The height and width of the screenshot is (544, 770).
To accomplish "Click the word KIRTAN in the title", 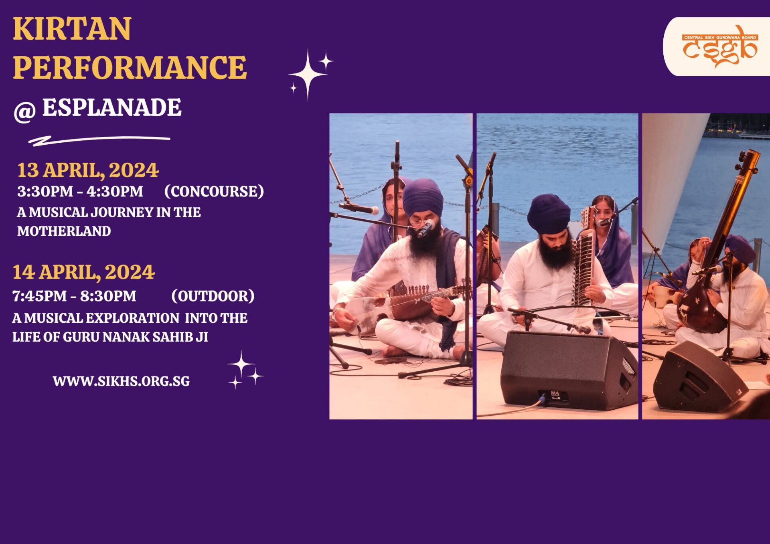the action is [x=72, y=29].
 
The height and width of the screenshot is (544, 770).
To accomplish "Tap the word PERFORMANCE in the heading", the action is [x=130, y=67].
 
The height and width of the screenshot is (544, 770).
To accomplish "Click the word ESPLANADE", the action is [x=112, y=107].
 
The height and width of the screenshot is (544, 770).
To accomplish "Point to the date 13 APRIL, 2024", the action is [x=88, y=170].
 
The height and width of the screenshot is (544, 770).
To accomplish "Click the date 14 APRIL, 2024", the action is [x=83, y=272].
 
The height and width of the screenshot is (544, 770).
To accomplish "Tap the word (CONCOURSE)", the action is [x=214, y=192].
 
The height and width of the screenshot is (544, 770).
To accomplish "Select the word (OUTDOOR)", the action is [x=213, y=296].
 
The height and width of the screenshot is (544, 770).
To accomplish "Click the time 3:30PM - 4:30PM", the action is [x=80, y=192].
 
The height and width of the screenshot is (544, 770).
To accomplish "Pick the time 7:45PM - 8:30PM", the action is [x=74, y=296].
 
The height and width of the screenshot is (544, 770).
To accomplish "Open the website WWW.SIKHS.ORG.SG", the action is [x=121, y=381].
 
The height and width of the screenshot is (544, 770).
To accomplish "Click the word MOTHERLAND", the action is [x=64, y=231].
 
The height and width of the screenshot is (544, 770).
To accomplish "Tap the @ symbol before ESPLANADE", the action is [x=24, y=111].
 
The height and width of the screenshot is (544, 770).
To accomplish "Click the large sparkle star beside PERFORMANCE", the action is [x=308, y=74].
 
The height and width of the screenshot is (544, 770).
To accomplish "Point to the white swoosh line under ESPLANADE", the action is [x=99, y=141].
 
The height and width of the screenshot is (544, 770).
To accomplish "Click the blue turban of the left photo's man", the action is [x=423, y=197].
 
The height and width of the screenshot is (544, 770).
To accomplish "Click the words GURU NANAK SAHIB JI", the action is [x=136, y=337].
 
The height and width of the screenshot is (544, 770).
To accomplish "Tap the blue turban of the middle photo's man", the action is [x=549, y=214].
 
